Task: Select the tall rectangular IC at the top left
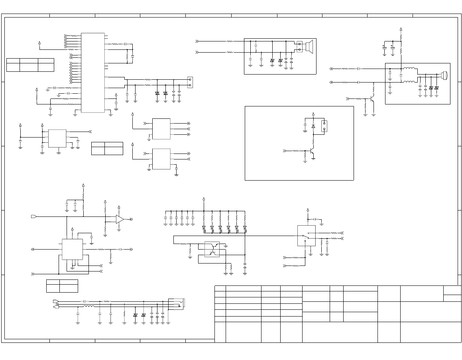93,73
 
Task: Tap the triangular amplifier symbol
120,219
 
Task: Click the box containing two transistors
212,249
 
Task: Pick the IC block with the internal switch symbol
306,236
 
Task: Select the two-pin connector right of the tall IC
190,83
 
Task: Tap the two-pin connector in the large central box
324,126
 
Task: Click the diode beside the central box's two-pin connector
313,126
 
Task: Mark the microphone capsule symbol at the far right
444,75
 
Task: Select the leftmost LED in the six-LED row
204,228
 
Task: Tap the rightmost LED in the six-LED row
245,228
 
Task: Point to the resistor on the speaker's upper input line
230,41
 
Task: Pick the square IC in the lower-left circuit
72,249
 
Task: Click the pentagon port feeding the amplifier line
34,216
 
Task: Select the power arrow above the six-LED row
204,199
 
